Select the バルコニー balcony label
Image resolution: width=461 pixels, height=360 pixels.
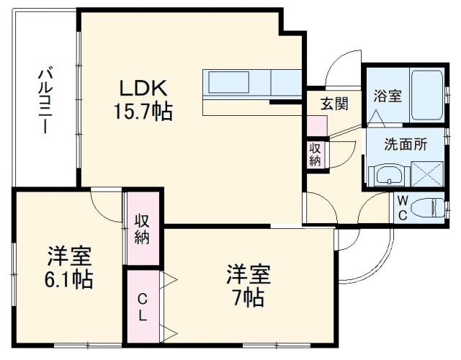coord(43,101)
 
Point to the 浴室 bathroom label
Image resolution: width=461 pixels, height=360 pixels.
coord(387,96)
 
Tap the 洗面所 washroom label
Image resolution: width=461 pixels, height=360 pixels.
coord(406,143)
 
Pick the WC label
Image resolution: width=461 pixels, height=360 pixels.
coord(401,207)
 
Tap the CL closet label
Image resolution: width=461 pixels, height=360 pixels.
coord(143,306)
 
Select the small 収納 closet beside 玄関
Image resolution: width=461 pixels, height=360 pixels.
coord(315,153)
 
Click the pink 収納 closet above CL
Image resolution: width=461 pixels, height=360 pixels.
coord(142,228)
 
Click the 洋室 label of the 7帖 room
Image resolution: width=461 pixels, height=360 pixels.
coord(249,273)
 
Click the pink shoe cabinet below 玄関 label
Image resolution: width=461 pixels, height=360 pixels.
coord(317,125)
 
